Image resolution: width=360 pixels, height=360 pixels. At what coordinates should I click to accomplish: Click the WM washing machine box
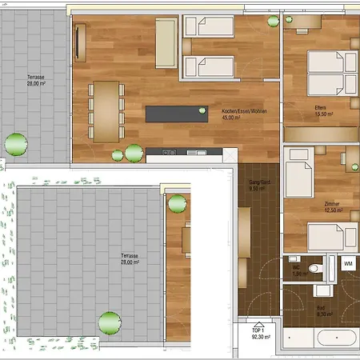[x=348, y=263]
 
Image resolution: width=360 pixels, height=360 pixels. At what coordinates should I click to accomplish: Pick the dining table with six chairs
[x=106, y=110]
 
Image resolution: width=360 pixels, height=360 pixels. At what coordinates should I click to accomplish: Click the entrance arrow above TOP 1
[x=258, y=321]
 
